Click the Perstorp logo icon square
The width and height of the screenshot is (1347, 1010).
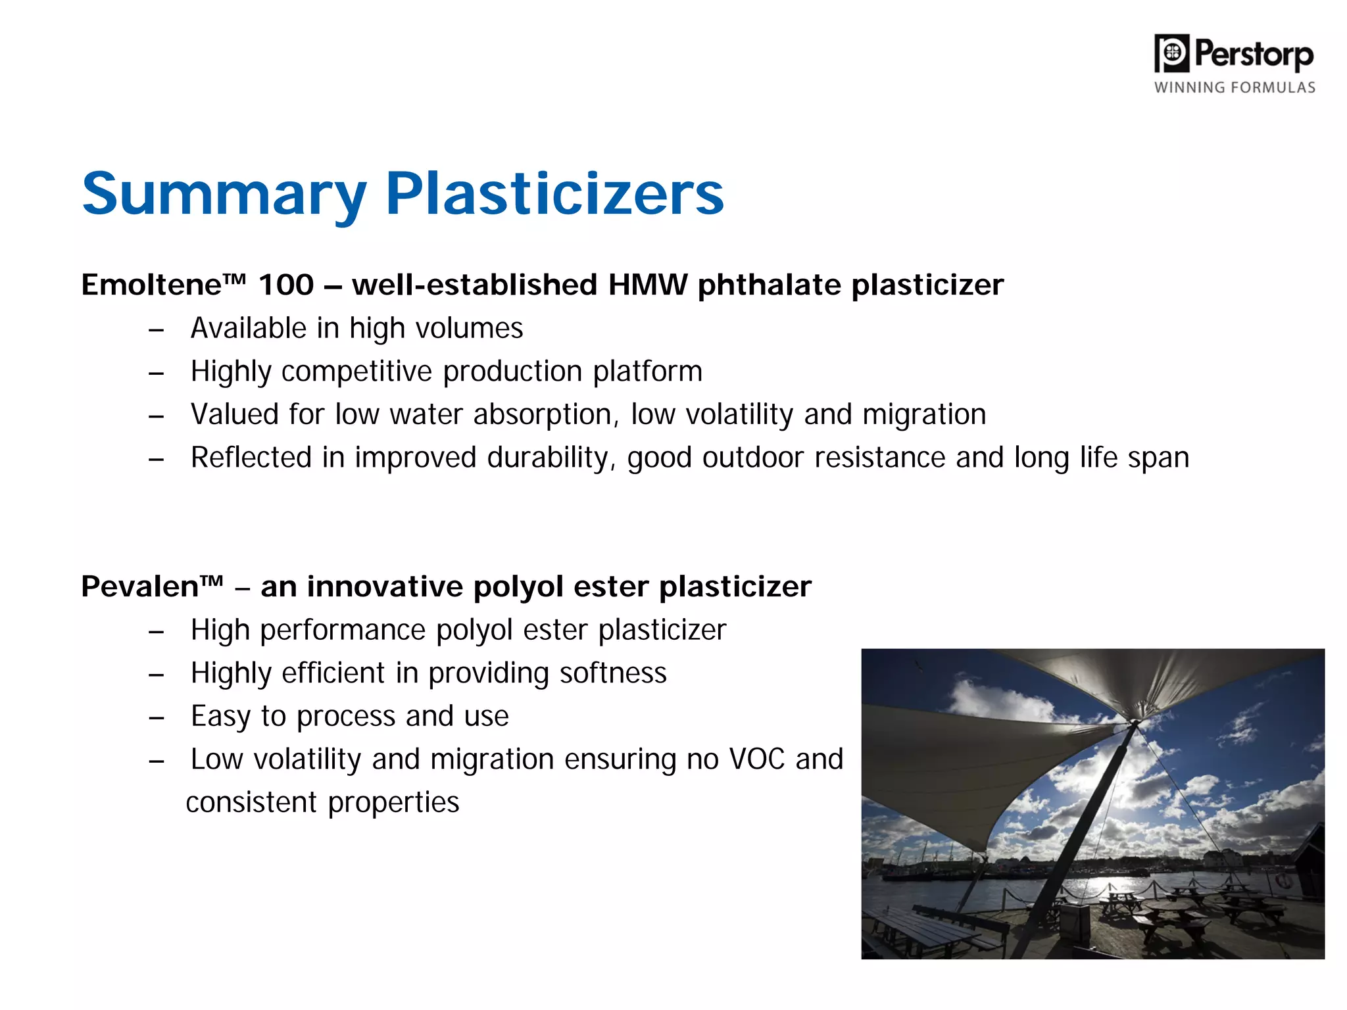(1172, 53)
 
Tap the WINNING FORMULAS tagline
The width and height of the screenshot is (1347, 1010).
(1235, 87)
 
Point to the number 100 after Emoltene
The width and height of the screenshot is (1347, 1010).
(286, 285)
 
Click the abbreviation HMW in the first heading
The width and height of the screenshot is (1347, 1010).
(647, 285)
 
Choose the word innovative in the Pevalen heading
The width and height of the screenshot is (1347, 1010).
(385, 587)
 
